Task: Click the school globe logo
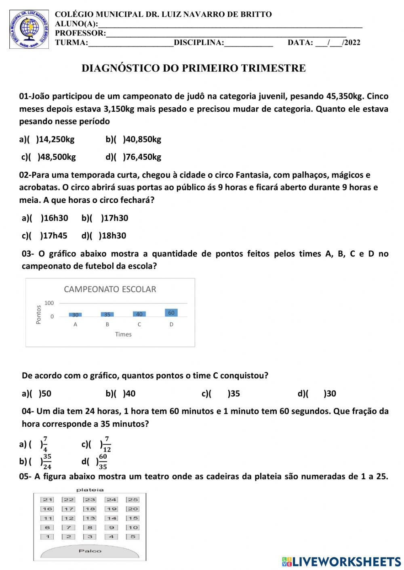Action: tap(29, 29)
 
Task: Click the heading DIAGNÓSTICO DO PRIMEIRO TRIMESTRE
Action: tap(194, 68)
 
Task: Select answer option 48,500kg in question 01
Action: tap(48, 157)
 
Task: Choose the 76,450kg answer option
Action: tap(133, 157)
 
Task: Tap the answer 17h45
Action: tap(44, 236)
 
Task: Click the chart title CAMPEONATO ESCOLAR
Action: tap(110, 289)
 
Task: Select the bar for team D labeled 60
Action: tap(171, 313)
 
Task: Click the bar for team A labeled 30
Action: tap(75, 315)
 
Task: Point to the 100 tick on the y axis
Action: tap(49, 303)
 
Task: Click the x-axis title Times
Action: tap(123, 334)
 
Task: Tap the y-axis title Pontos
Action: tap(39, 314)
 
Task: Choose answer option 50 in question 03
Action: tap(37, 394)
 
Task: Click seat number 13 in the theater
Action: tap(90, 518)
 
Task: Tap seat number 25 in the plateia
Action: tap(133, 500)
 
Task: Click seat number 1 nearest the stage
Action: tap(47, 537)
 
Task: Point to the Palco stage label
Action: tap(90, 551)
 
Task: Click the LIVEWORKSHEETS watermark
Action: tap(341, 562)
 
